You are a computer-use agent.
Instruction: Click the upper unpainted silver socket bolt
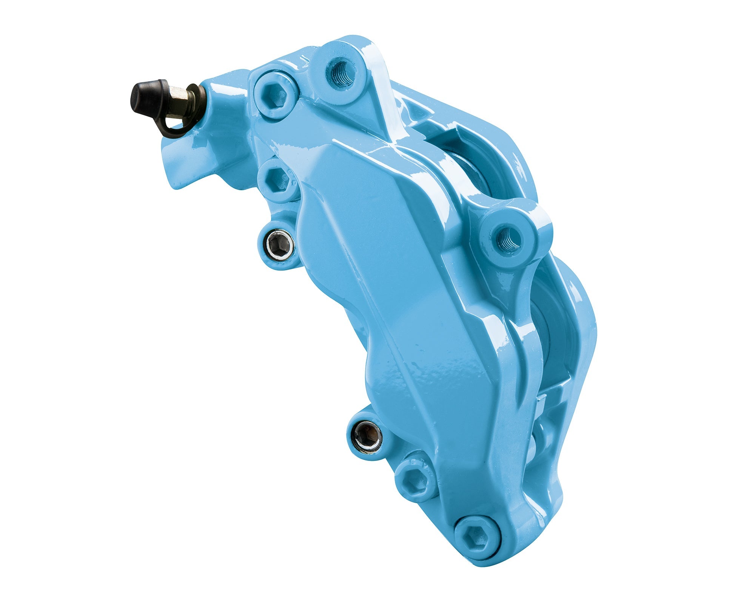[280, 246]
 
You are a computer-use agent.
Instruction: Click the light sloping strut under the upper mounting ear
[381, 109]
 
